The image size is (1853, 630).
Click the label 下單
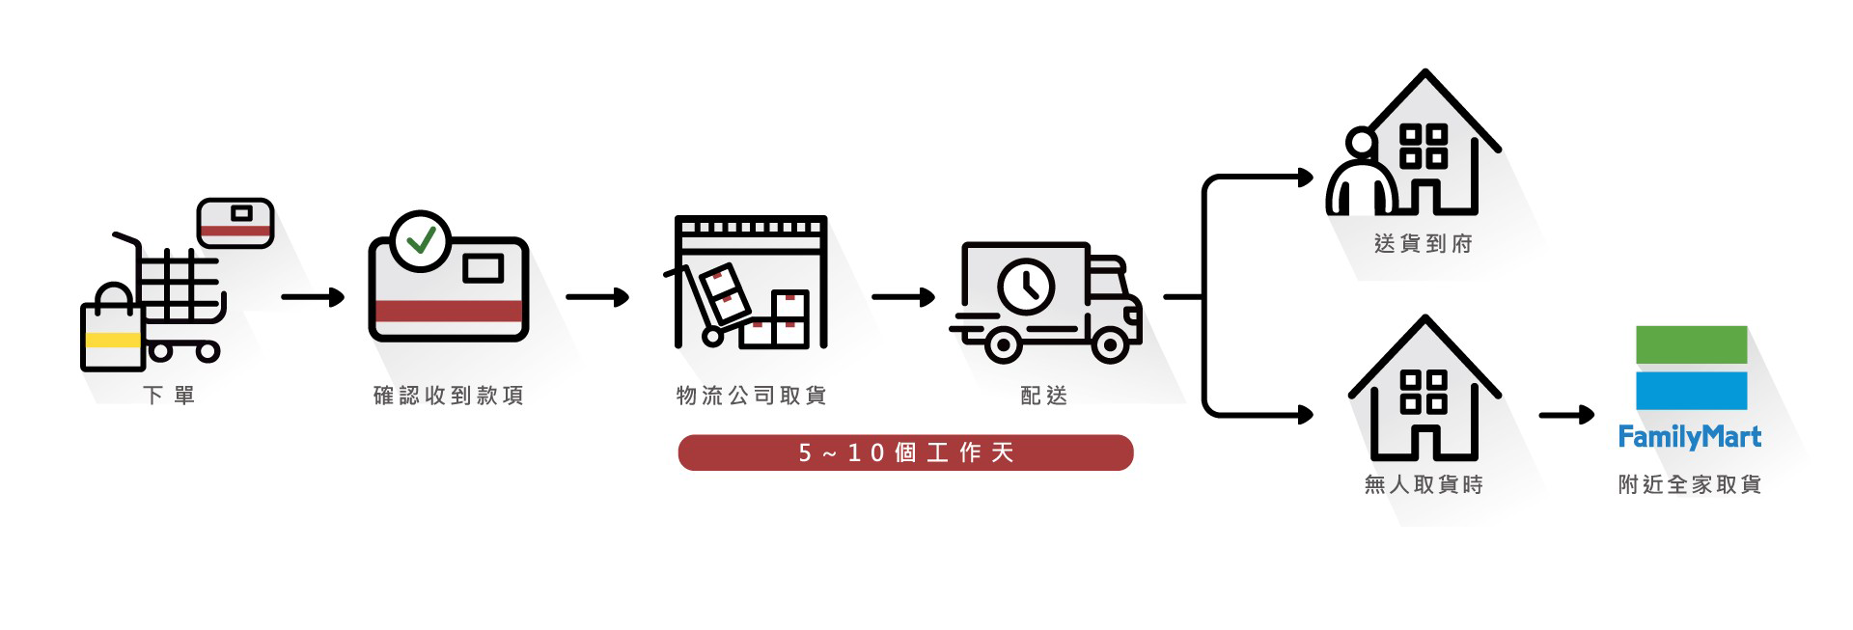169,395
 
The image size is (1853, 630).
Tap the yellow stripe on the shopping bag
113,340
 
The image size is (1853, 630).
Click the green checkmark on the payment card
421,239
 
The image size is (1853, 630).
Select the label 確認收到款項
448,395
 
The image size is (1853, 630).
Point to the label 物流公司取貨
751,395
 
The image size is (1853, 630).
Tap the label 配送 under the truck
1044,395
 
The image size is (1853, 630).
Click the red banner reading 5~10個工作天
905,452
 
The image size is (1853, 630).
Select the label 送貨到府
1423,243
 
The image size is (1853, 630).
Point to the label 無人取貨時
1423,484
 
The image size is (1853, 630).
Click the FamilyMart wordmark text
1689,437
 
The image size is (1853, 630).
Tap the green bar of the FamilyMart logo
1691,344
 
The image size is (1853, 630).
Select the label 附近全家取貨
1689,484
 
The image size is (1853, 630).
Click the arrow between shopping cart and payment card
313,297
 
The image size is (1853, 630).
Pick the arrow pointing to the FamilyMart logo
1565,416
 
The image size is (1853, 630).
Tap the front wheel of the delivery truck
1110,344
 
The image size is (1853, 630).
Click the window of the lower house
1424,392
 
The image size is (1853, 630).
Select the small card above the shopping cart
235,222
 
